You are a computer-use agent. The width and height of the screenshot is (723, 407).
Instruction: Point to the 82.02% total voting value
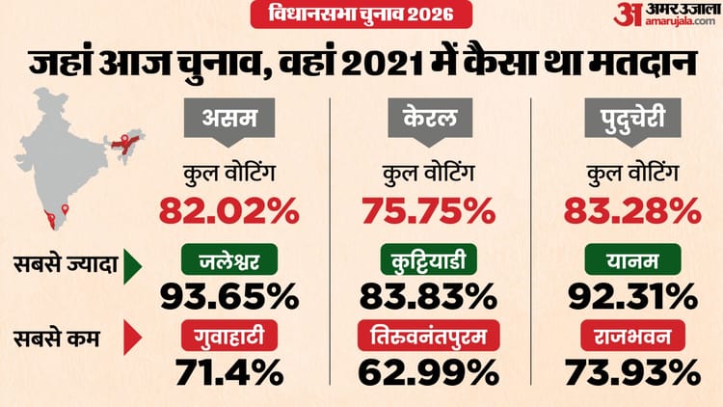[x=228, y=208]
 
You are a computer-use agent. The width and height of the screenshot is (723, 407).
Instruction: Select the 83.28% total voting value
[x=632, y=208]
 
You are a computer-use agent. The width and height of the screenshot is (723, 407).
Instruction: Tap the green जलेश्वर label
[x=228, y=258]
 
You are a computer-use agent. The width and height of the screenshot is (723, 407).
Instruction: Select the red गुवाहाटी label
[x=228, y=337]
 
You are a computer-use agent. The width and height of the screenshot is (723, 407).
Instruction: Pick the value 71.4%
[x=228, y=371]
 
